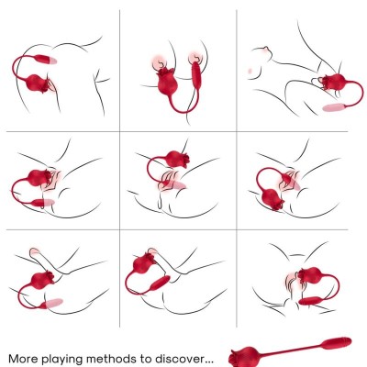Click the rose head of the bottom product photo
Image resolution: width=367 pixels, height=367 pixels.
point(244,353)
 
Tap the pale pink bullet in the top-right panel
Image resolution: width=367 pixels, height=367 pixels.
point(334,108)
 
